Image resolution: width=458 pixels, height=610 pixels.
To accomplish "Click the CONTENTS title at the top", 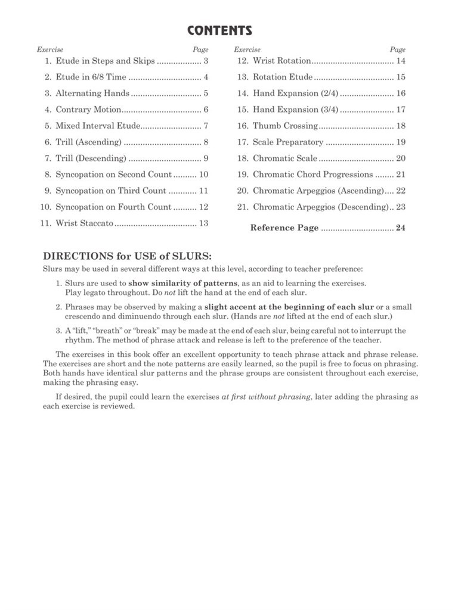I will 219,31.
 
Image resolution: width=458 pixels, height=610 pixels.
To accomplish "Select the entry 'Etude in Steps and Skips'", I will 105,61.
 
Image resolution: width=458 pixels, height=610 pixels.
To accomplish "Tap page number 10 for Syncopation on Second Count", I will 203,175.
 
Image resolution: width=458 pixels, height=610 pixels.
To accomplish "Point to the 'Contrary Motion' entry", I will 88,110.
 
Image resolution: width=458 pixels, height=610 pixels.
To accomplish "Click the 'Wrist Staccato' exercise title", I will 84,223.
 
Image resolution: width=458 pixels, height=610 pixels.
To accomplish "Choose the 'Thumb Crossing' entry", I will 285,126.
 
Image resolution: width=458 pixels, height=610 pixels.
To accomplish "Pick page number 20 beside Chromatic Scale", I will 401,158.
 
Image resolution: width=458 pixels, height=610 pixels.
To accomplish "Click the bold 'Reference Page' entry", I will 284,228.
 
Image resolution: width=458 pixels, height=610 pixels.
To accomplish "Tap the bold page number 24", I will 401,228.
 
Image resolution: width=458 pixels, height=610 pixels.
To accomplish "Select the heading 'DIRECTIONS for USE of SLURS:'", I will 127,256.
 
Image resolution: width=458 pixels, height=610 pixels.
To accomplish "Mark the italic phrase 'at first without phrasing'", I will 267,397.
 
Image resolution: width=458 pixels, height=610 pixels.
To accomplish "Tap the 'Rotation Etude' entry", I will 282,77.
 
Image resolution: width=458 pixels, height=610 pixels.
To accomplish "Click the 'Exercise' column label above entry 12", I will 247,50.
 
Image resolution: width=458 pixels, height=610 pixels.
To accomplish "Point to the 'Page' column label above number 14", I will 398,50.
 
